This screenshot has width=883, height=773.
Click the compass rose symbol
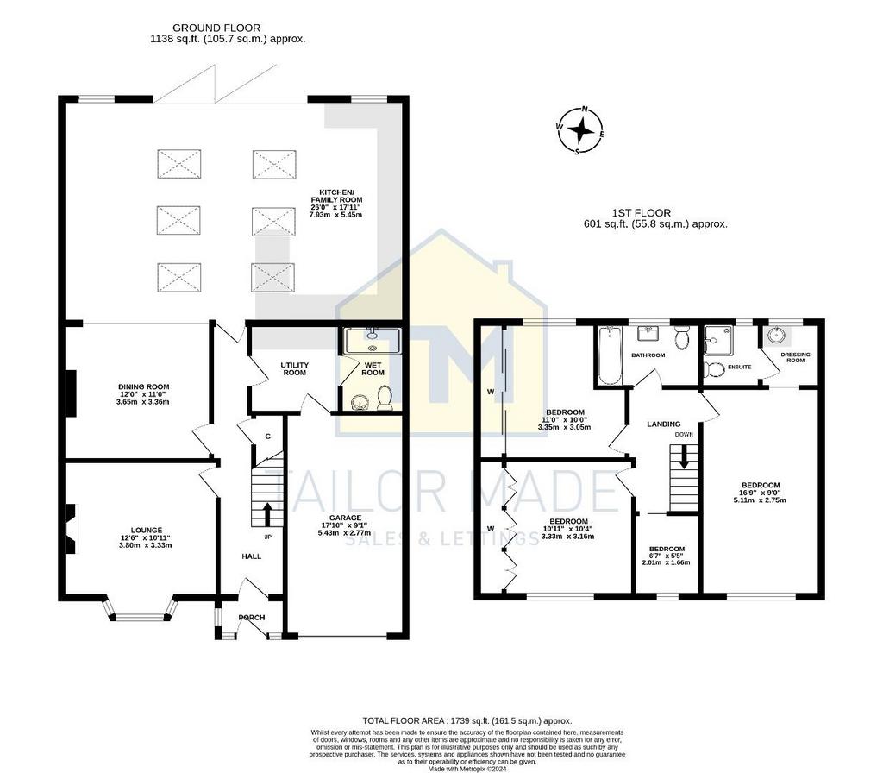(581, 130)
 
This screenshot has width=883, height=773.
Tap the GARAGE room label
(345, 518)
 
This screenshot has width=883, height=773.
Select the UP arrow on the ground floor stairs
(267, 514)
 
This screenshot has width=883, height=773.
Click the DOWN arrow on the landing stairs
(684, 457)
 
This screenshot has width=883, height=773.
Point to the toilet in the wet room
(385, 397)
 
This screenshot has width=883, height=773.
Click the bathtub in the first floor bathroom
(608, 355)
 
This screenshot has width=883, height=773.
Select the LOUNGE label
(147, 531)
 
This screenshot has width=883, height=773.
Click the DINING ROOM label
(144, 387)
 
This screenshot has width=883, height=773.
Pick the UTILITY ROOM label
(295, 369)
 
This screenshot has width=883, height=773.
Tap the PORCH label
(251, 618)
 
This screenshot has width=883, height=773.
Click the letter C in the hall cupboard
(268, 436)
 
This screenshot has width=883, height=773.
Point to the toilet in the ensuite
(715, 369)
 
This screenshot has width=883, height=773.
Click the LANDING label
(663, 424)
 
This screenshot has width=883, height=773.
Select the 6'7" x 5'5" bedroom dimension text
(667, 556)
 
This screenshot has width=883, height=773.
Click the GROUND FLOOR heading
(216, 28)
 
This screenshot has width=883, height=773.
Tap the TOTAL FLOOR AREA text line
(467, 720)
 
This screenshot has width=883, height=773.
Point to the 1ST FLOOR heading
(641, 213)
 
